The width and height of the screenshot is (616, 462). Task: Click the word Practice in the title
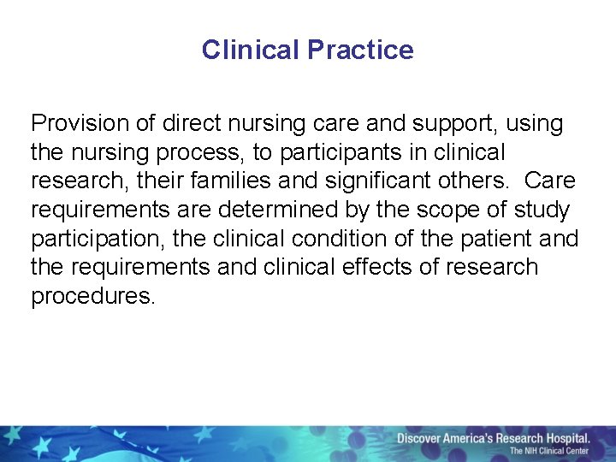(x=360, y=50)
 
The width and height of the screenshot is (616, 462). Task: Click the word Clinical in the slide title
(x=251, y=50)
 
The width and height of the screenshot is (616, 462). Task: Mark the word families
(x=240, y=181)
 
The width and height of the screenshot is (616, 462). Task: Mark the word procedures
(x=93, y=297)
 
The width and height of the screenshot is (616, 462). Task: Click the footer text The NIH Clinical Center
(x=549, y=451)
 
